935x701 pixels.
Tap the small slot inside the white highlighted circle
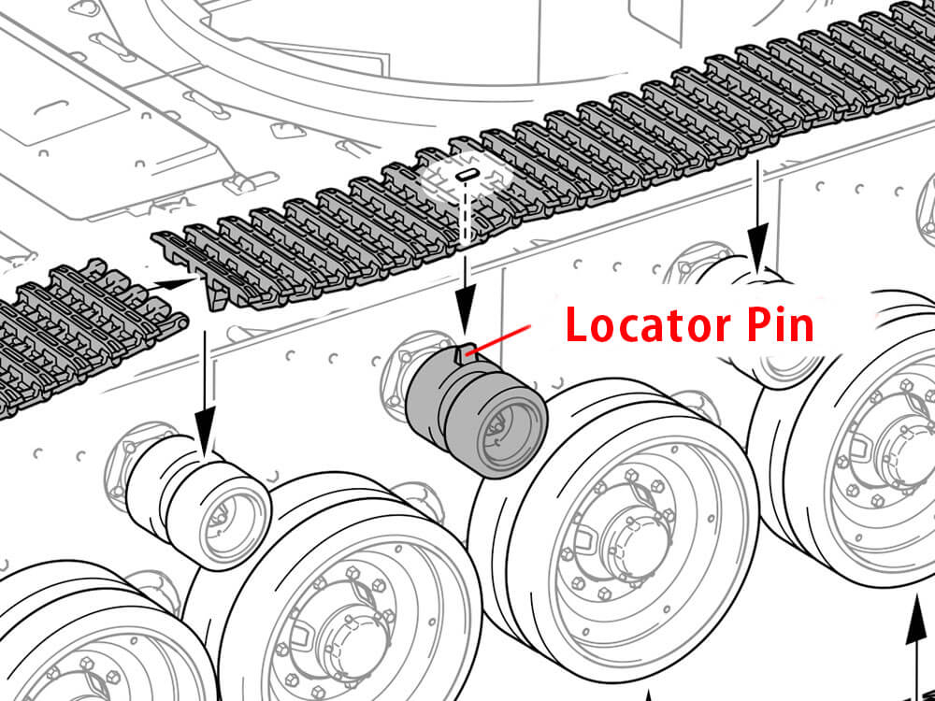467,175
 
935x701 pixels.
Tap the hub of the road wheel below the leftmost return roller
337,645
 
